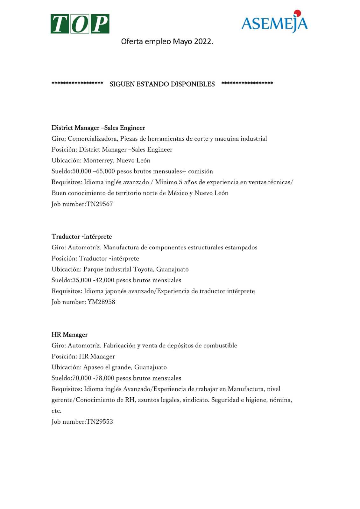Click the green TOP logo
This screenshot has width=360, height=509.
click(x=80, y=24)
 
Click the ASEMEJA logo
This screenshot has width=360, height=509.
click(x=274, y=22)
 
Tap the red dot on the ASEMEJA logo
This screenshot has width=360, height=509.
click(x=297, y=13)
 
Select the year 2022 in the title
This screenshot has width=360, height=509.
click(x=203, y=42)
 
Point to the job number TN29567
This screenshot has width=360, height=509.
click(x=100, y=204)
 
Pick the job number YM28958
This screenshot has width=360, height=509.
click(x=101, y=302)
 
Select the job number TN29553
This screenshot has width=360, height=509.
click(x=100, y=422)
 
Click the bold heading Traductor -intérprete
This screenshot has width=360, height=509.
click(x=81, y=237)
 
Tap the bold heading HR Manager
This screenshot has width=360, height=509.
click(x=69, y=335)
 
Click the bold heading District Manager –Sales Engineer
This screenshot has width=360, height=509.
click(x=98, y=128)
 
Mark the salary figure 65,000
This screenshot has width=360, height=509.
click(x=105, y=171)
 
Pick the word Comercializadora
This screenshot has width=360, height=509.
click(x=92, y=139)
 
